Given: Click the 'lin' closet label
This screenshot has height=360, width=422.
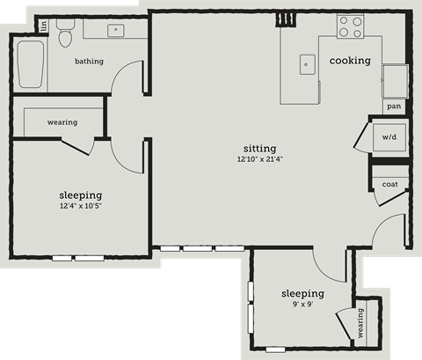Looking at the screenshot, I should click(41, 25).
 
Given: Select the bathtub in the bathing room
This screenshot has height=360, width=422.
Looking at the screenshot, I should click(30, 63).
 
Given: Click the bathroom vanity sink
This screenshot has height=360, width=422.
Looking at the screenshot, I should click(115, 30).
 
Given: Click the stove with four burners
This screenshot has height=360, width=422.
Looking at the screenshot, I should click(350, 27).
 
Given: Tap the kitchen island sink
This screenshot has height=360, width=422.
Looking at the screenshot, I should click(306, 63).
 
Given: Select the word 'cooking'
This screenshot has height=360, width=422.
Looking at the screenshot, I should click(350, 61).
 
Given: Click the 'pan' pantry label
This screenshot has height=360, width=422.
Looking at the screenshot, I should click(394, 107).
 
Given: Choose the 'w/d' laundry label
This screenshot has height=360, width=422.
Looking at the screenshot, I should click(389, 137).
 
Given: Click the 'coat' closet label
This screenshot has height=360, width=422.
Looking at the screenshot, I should click(389, 184).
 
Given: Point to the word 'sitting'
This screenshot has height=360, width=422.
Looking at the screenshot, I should click(261, 148).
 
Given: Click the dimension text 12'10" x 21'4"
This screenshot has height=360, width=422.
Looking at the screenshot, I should click(261, 159).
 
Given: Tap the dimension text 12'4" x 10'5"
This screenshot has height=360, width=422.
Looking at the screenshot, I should click(80, 207).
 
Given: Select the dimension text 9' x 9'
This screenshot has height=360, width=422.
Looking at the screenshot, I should click(302, 305).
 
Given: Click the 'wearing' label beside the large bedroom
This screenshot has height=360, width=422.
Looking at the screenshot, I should click(62, 122).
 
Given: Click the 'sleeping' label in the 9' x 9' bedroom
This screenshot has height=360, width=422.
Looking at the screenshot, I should click(302, 293).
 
